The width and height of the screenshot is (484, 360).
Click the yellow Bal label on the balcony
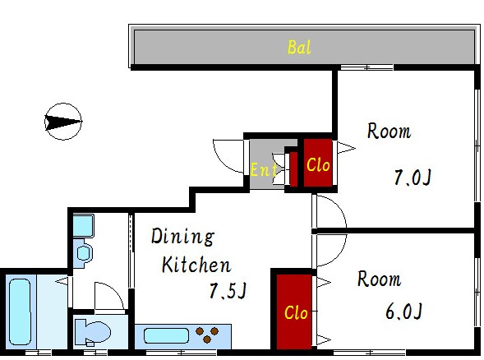tap(299, 48)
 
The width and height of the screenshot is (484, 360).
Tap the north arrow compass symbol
tap(63, 122)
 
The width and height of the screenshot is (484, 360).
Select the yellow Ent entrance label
tap(263, 169)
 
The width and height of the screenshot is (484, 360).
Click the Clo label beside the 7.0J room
tap(318, 164)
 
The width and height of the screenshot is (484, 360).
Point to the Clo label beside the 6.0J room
tap(296, 312)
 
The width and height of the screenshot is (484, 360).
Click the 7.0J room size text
tap(413, 178)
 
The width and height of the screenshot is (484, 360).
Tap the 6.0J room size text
tap(403, 311)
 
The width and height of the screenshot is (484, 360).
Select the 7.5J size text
tap(228, 290)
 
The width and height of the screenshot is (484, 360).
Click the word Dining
tap(182, 237)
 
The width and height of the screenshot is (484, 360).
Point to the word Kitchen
tap(196, 265)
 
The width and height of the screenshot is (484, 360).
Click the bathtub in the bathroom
tap(20, 312)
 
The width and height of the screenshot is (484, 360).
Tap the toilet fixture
tap(93, 333)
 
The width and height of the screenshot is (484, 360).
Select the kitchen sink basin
tap(166, 335)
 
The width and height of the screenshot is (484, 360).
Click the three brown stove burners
tap(207, 335)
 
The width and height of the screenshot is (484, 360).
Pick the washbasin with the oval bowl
tap(83, 253)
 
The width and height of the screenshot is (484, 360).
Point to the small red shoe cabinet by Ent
tap(294, 169)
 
